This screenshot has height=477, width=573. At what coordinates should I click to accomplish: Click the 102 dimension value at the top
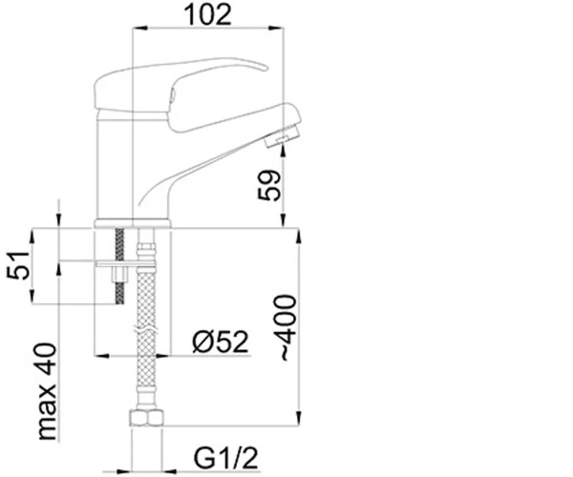pyautogui.click(x=208, y=15)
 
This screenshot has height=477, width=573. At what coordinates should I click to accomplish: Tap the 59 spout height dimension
pyautogui.click(x=269, y=185)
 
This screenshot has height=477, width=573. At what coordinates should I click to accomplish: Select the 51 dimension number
pyautogui.click(x=18, y=265)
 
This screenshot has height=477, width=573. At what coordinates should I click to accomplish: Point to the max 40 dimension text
pyautogui.click(x=47, y=391)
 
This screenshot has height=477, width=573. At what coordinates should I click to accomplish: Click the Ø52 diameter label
pyautogui.click(x=221, y=342)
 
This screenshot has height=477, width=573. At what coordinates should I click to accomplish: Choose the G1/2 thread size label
pyautogui.click(x=225, y=458)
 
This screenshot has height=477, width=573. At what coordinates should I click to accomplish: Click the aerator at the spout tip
pyautogui.click(x=284, y=136)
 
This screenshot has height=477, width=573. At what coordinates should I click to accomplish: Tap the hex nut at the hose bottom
pyautogui.click(x=146, y=418)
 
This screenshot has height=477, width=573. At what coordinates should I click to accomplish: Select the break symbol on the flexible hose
pyautogui.click(x=146, y=329)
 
